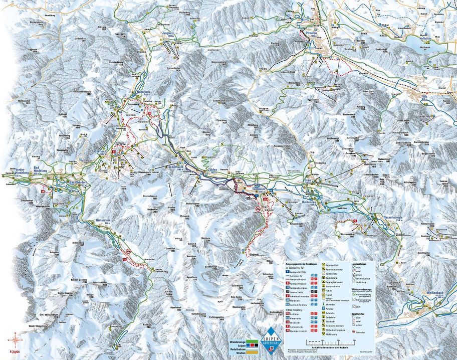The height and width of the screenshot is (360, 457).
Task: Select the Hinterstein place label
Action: (104, 221)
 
